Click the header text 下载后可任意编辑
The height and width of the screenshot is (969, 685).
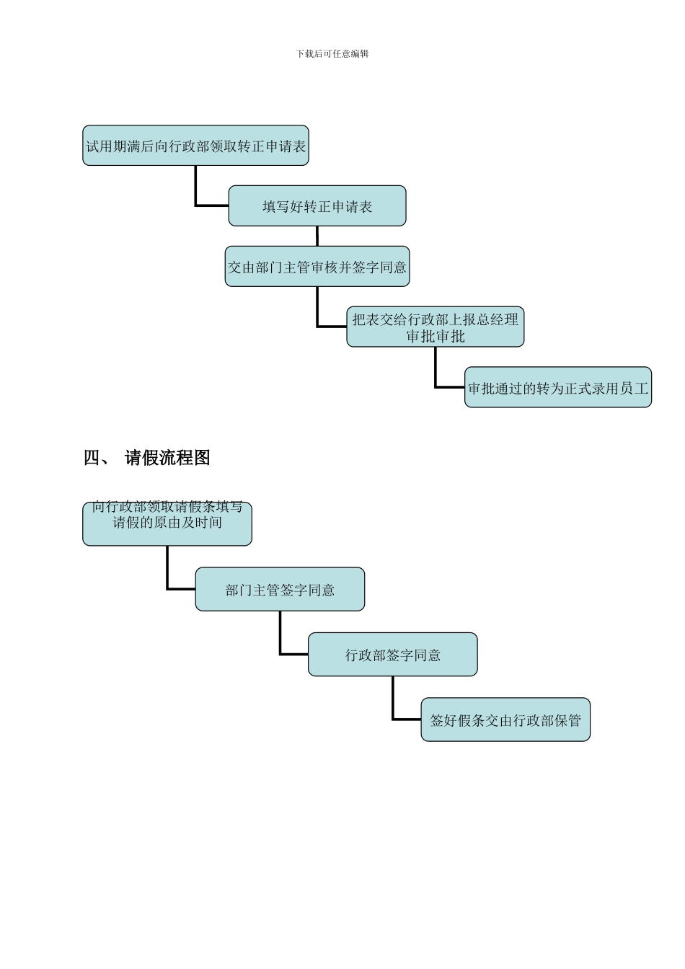[332, 54]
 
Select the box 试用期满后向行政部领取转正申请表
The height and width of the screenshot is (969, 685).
[195, 146]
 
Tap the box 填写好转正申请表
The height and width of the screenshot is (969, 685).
[317, 207]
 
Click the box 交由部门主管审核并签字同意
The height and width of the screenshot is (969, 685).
[317, 267]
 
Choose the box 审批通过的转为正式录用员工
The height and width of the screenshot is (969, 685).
[558, 388]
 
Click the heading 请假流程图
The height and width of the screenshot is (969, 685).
[167, 458]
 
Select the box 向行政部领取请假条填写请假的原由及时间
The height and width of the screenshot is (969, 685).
[167, 523]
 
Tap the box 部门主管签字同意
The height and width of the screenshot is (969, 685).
[280, 590]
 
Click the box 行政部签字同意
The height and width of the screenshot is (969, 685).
[392, 655]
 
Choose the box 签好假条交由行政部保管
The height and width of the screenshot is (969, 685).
[505, 720]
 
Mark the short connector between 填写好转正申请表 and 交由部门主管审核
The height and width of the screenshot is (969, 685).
[317, 236]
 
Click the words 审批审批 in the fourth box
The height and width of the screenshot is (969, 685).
[436, 337]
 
